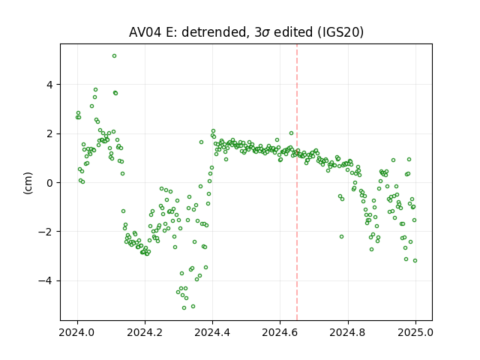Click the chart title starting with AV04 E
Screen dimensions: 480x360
coord(246,32)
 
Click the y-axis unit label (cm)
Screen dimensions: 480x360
coord(28,183)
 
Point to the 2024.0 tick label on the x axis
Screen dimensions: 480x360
coord(76,332)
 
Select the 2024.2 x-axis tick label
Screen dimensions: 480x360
coord(145,332)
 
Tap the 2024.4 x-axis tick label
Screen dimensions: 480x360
coord(212,332)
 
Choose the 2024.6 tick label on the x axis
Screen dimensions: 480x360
coord(280,332)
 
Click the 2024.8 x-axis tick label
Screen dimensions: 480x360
coord(347,332)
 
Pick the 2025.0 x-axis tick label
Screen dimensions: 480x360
coord(415,332)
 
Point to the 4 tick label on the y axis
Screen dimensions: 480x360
coord(49,85)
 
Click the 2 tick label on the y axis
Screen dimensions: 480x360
coord(49,133)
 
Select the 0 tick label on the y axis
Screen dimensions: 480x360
coord(49,183)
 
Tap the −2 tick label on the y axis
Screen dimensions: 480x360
coord(45,232)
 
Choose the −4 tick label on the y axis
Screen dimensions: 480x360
coord(45,280)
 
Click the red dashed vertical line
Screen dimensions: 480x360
coord(297,182)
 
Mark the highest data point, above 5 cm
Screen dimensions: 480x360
coord(114,56)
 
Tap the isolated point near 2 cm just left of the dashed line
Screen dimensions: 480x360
coord(291,133)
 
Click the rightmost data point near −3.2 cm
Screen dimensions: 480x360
coord(415,260)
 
